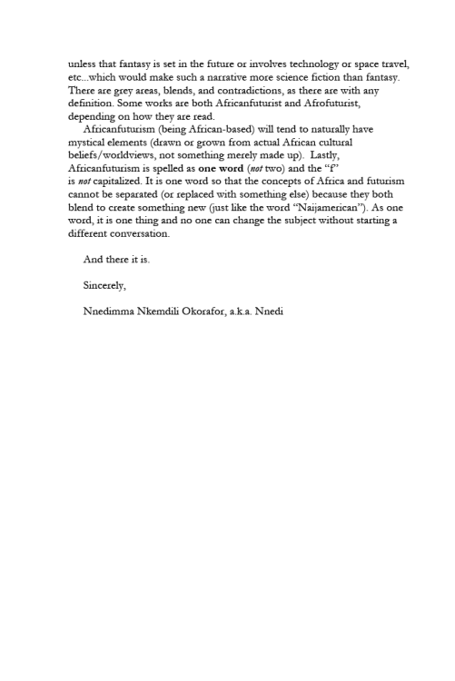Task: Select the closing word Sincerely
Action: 104,285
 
